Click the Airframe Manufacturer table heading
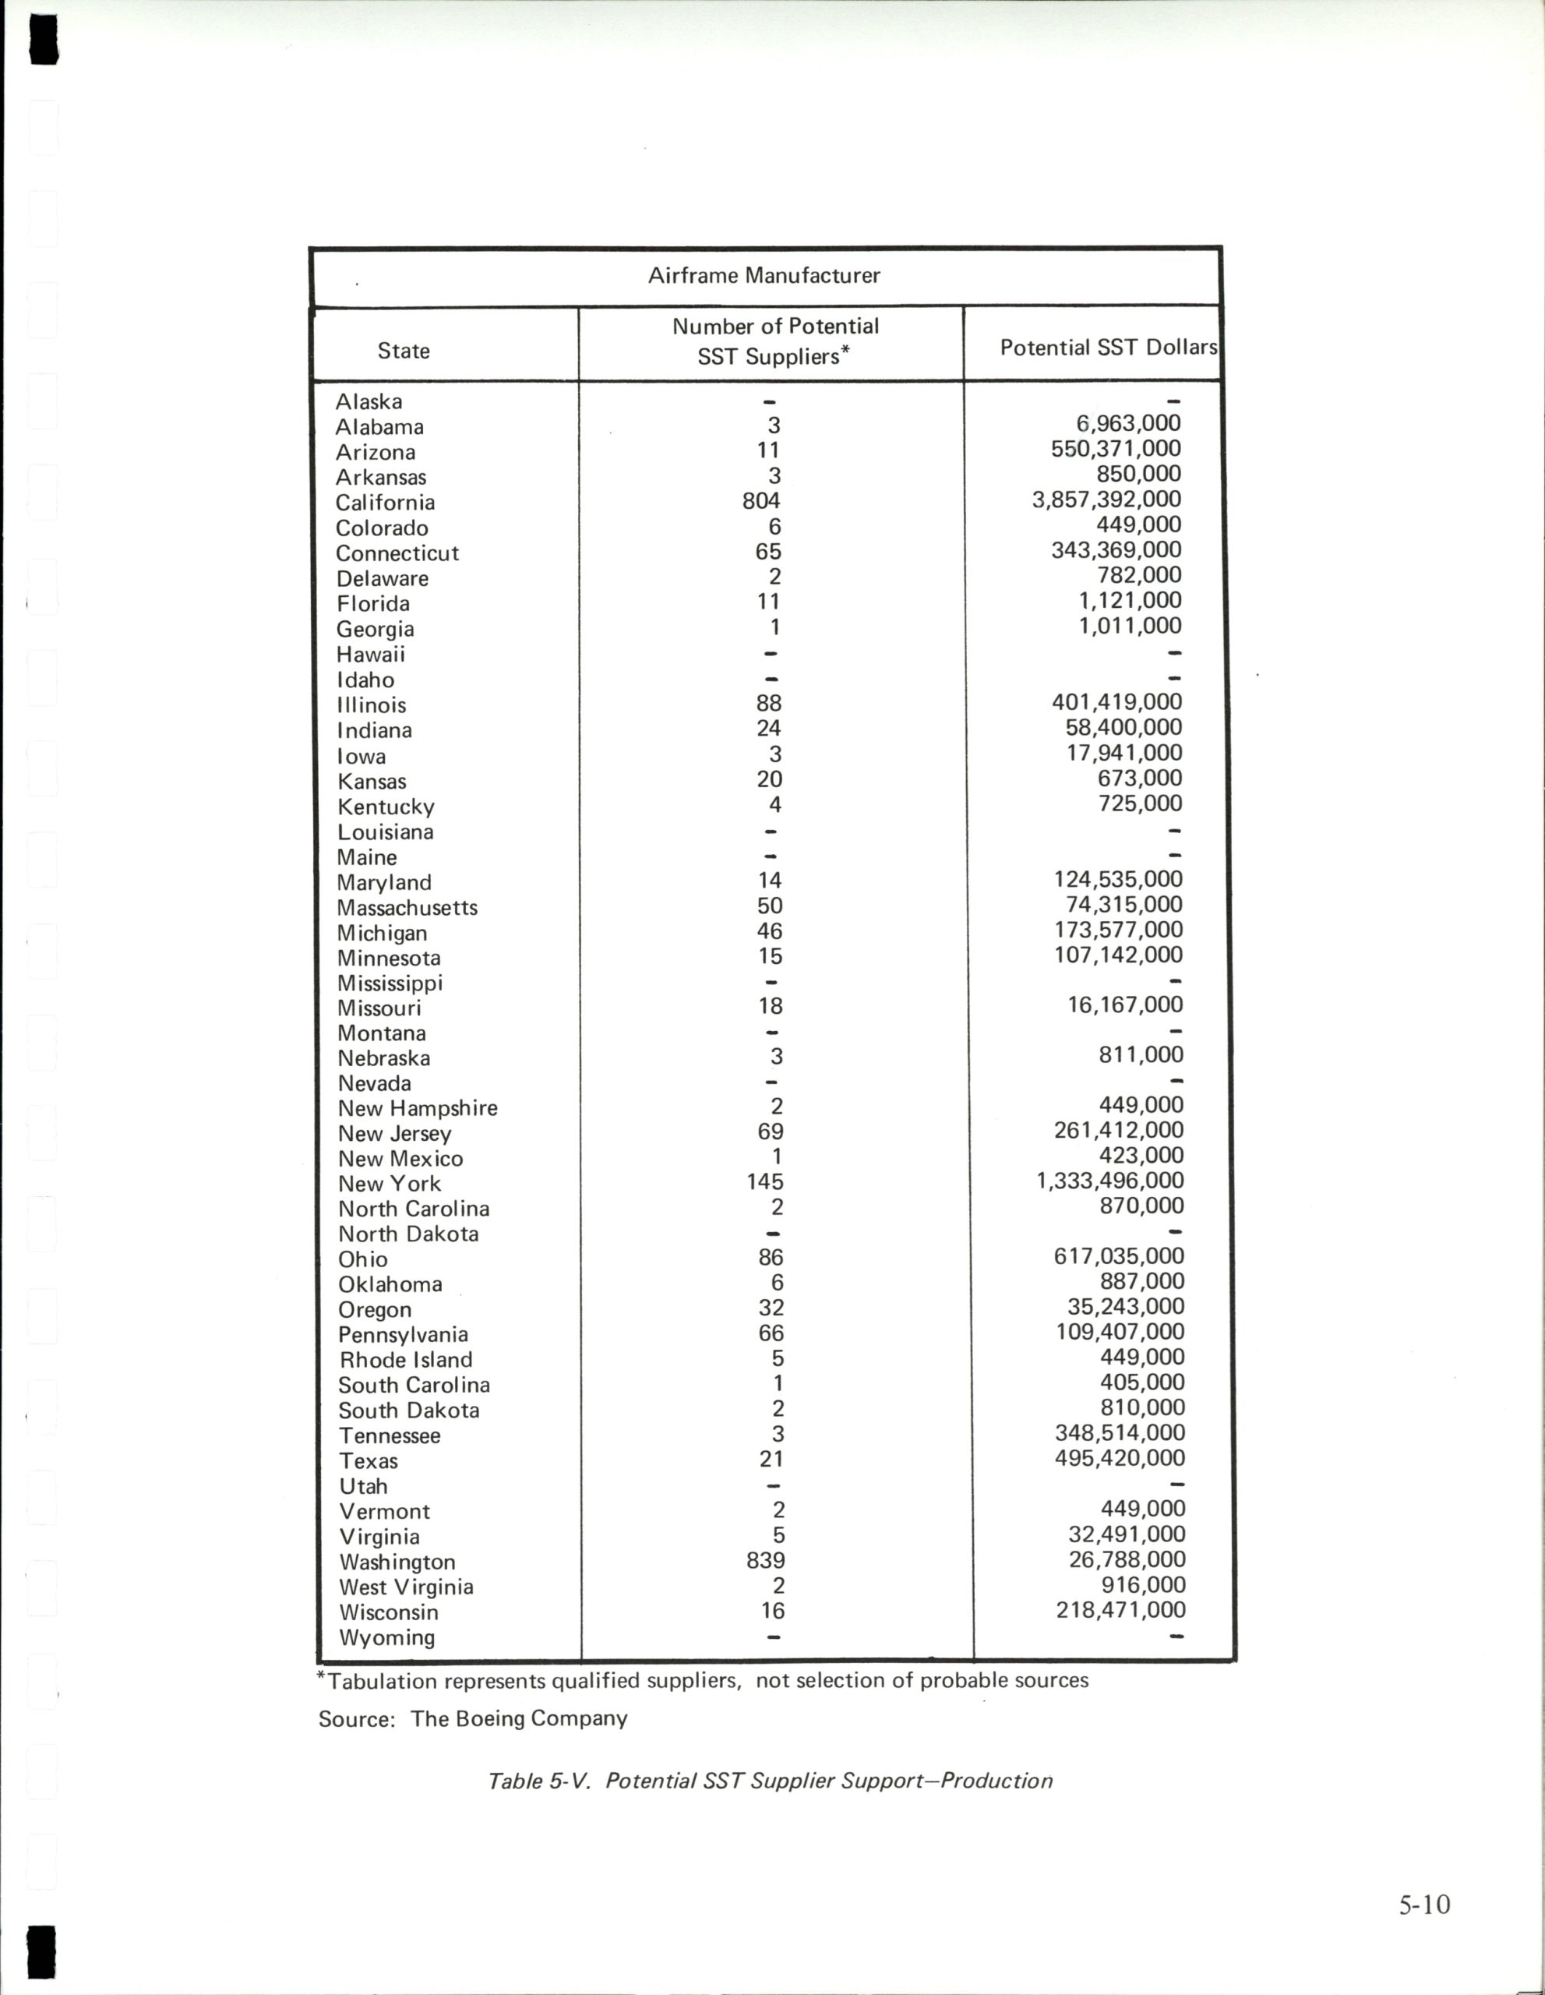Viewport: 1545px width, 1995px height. coord(764,275)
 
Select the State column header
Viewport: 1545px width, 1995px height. coord(404,351)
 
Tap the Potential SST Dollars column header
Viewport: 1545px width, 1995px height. coord(1109,347)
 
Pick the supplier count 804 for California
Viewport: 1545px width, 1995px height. coord(761,500)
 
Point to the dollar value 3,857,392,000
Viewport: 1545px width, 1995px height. coord(1106,499)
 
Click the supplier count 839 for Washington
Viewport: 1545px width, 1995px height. coord(765,1559)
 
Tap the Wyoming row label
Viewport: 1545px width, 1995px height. coord(386,1637)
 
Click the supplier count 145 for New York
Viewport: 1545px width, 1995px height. coord(765,1181)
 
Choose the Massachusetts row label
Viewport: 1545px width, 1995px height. coord(407,907)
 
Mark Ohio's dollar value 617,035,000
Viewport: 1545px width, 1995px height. coord(1119,1256)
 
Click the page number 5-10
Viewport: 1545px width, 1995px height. coord(1423,1904)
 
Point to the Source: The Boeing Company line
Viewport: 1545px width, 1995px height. coord(473,1718)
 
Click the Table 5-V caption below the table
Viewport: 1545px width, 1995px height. coord(770,1781)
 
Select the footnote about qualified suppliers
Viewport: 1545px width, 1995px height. coord(703,1680)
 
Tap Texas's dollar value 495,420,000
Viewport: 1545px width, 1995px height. coord(1120,1458)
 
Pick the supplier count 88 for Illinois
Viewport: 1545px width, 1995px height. coord(769,704)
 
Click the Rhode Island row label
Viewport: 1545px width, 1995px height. coord(405,1359)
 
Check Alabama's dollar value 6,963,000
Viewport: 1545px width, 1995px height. coord(1129,424)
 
